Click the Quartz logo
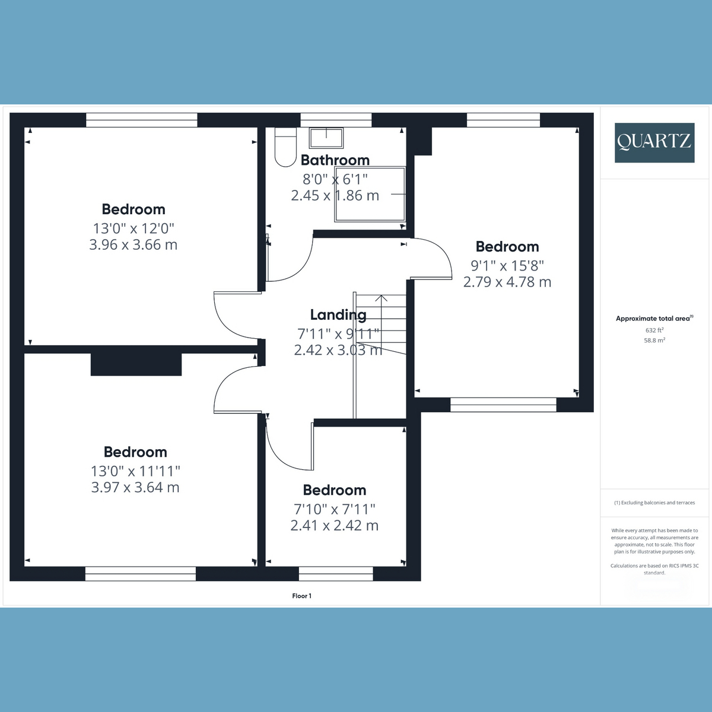(654, 142)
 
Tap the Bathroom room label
(335, 160)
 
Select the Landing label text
(338, 315)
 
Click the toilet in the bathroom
(285, 147)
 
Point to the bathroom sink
(326, 138)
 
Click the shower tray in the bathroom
(370, 195)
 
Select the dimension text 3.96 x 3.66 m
(133, 244)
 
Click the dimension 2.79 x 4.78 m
(507, 282)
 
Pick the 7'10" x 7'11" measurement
(335, 509)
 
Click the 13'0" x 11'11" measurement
(135, 471)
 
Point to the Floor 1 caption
(302, 596)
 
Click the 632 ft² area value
(654, 330)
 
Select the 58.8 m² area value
(654, 341)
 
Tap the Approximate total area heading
(654, 319)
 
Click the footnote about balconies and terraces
(654, 503)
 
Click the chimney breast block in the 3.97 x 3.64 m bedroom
(136, 364)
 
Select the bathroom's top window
(336, 120)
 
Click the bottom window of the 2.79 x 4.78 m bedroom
(503, 405)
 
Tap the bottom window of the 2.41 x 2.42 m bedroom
(336, 574)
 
